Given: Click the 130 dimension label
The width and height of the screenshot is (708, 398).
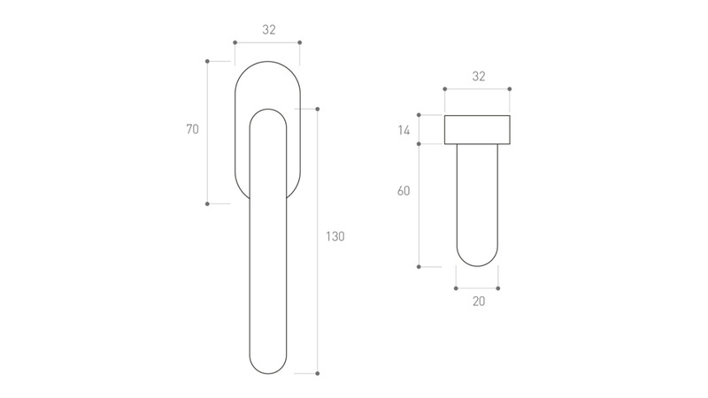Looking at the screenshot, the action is point(335,236).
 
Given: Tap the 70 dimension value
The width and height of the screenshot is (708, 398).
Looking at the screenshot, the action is point(192,129).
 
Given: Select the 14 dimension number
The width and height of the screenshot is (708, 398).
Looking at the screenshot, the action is point(404,130).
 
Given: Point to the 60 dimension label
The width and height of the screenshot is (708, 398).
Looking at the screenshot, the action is point(404,191).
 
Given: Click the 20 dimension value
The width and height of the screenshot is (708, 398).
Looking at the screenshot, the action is point(479,302).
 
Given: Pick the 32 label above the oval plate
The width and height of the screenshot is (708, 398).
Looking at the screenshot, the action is point(269,30).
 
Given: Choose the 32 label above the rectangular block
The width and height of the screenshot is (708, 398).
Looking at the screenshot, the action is point(479,77).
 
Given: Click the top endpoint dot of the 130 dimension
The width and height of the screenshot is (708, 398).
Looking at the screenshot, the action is point(318,109).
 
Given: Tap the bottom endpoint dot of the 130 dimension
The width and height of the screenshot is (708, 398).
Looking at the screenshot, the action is point(318,373).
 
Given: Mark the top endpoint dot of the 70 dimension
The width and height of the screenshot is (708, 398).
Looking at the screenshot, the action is point(207,61).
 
